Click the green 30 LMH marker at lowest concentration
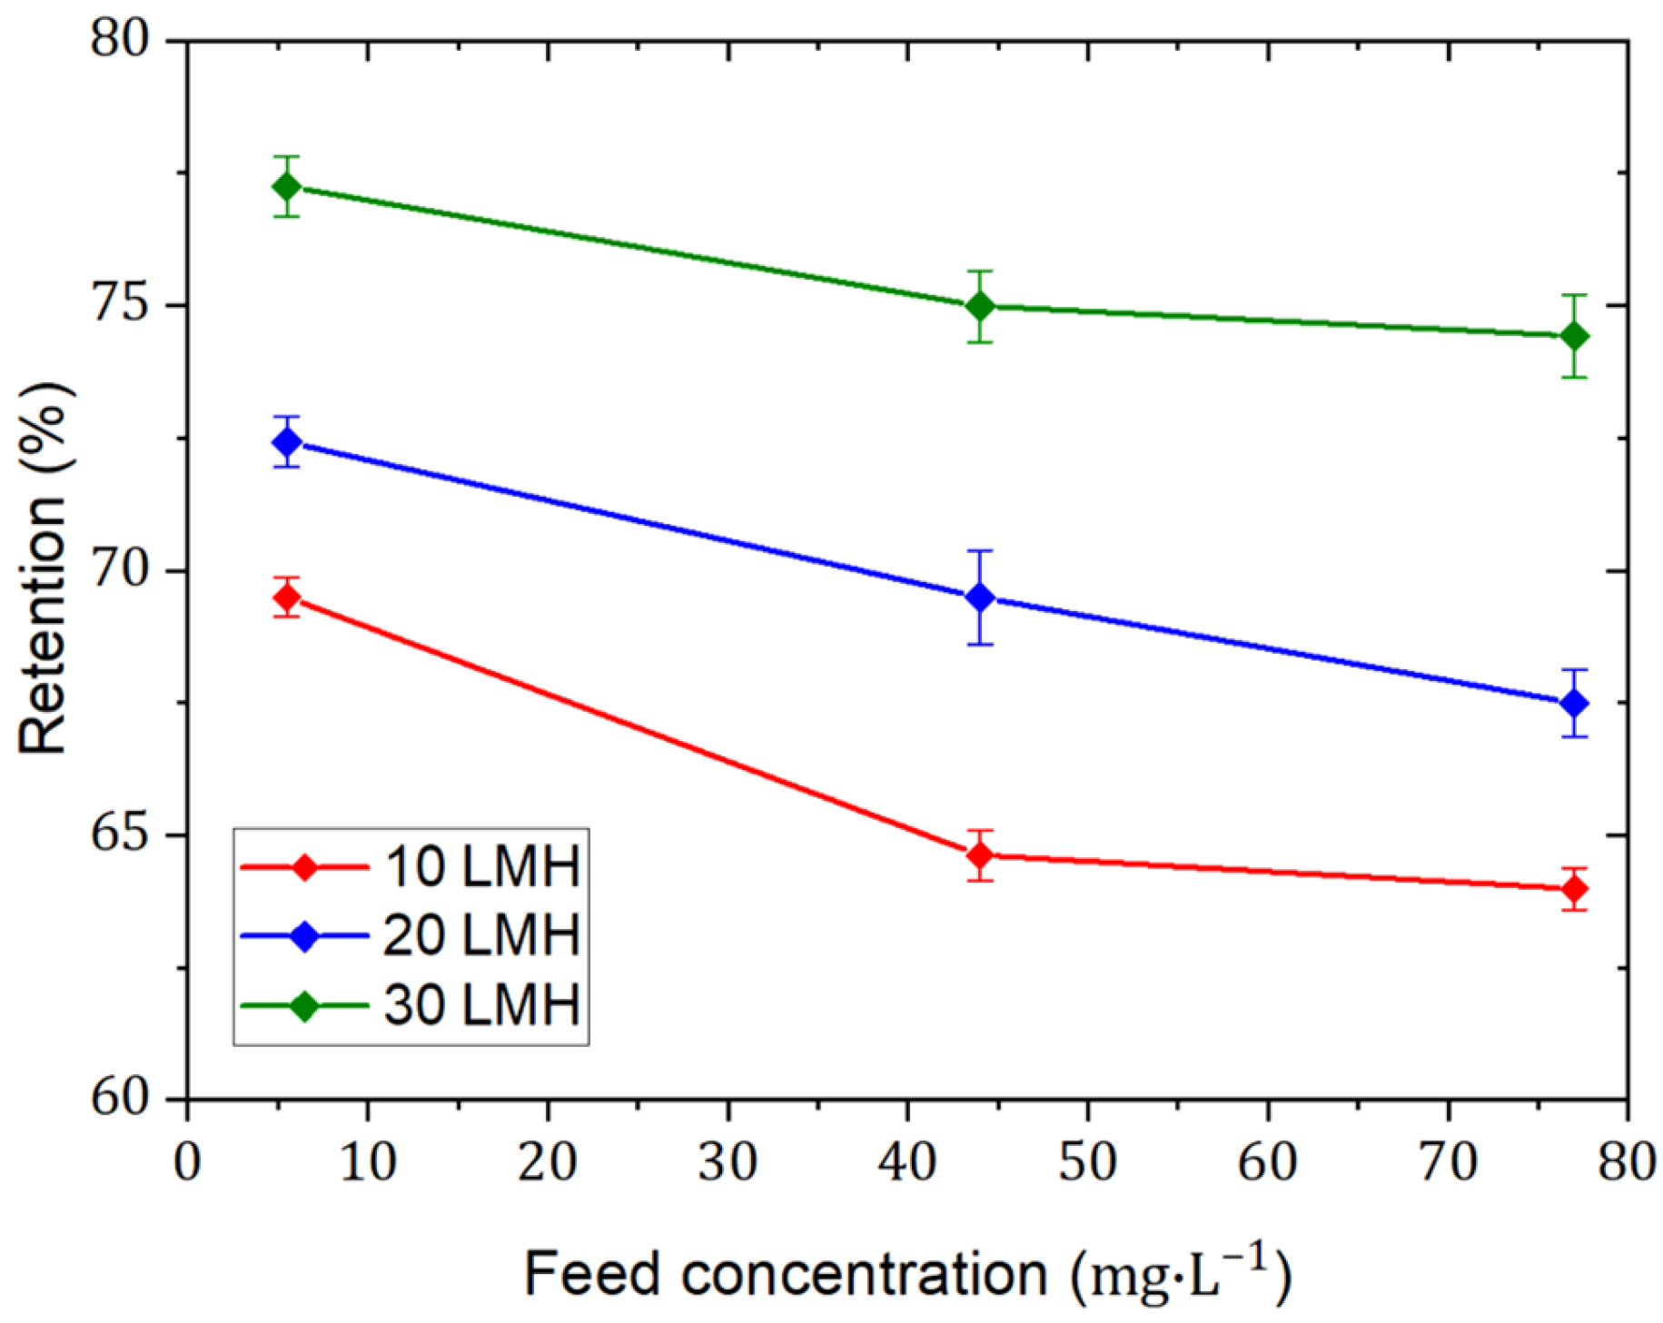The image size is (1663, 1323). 287,187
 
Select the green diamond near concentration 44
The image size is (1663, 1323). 980,307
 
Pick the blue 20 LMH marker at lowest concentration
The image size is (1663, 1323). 287,442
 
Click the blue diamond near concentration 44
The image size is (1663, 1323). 980,597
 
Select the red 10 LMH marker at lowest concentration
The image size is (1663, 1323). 287,597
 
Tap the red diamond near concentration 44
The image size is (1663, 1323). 980,855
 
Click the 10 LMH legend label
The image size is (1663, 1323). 482,866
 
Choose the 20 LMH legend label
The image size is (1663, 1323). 482,935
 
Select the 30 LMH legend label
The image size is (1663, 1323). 482,1005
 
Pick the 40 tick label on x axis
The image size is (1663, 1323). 906,1162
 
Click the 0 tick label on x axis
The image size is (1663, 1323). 187,1162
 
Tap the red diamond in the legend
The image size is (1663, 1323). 304,867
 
